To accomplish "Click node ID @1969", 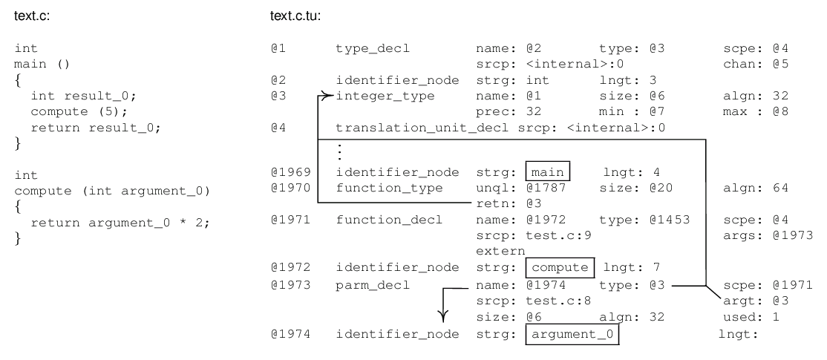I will [285, 172].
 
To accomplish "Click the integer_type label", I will [372, 96].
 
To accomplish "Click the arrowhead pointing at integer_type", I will [324, 96].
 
